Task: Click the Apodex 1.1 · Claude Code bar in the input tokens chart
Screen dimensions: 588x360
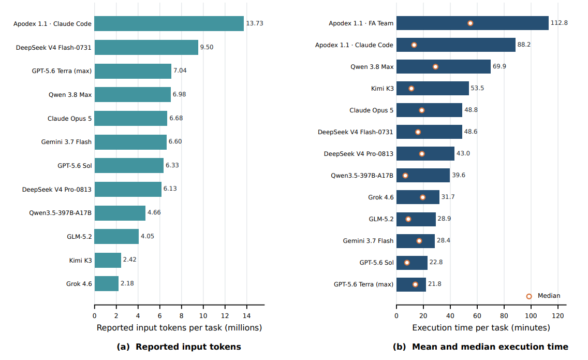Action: [169, 24]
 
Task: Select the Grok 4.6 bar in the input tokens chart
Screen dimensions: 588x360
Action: [107, 283]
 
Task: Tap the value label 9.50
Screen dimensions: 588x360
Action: [207, 47]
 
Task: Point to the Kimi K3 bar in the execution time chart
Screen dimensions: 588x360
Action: [432, 88]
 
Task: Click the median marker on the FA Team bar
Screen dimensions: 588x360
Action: [471, 23]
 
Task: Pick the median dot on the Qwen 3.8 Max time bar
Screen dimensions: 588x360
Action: [435, 67]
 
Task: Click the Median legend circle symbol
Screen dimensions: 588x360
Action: [529, 296]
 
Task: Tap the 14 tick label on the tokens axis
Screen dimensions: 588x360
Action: [247, 315]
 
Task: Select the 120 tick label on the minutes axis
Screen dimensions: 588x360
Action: [558, 315]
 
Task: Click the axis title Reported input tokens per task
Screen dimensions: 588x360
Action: [179, 328]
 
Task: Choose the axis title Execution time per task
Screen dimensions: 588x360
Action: [481, 328]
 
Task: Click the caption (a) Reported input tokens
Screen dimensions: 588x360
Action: [179, 347]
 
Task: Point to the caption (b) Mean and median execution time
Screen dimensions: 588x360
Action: [480, 347]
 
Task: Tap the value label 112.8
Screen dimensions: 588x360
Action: [559, 23]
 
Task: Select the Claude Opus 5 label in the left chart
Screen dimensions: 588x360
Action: [69, 119]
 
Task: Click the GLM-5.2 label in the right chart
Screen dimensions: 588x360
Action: [381, 219]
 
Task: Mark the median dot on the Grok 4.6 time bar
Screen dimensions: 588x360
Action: [422, 197]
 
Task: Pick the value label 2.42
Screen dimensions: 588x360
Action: [130, 260]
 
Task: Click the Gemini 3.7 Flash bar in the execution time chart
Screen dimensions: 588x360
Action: [416, 241]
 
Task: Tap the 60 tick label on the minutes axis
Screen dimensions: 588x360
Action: [477, 315]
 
